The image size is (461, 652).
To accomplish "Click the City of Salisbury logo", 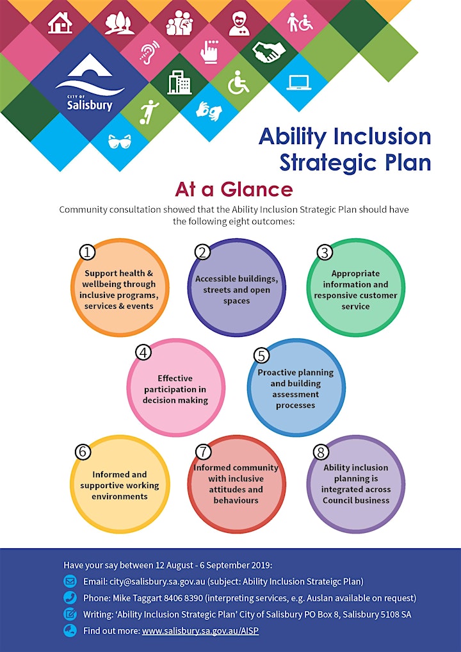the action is coord(90,83).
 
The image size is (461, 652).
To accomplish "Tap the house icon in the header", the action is coord(60,22).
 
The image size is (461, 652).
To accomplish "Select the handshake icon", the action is coord(269,52).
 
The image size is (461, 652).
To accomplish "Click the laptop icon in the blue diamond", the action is coord(299,83).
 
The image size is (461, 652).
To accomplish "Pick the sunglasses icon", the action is coord(119,142).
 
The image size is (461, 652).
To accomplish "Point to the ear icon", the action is coord(149,52).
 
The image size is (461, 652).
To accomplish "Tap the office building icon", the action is coord(179,82).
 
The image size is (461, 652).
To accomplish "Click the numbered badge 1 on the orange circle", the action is coord(87,252).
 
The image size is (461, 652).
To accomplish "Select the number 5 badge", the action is coord(261,355).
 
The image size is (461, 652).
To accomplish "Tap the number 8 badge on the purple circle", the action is coord(320,452).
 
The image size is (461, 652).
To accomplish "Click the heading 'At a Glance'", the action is coord(234,190).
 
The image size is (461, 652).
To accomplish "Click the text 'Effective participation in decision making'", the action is coord(175,389).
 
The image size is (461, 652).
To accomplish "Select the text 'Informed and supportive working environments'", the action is coord(119,485).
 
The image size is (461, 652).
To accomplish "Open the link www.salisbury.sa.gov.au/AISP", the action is coord(200,631).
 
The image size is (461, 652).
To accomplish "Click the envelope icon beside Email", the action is coord(69,581).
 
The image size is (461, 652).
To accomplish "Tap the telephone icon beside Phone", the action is coord(69,598).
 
